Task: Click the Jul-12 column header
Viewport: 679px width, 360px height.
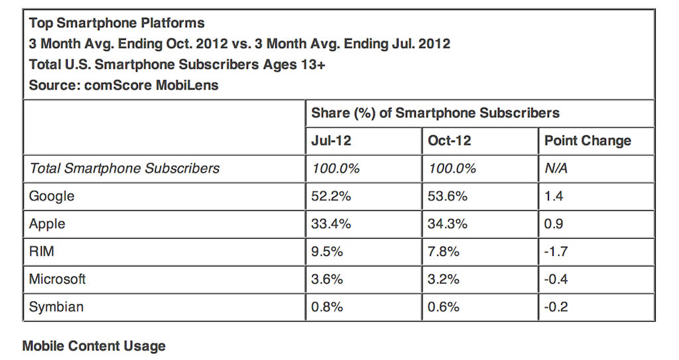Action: click(x=332, y=141)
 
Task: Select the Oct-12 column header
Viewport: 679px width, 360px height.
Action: click(x=449, y=141)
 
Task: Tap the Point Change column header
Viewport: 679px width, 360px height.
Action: click(x=587, y=141)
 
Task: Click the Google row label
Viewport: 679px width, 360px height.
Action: click(x=52, y=196)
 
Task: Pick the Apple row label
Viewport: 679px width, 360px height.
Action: click(x=47, y=224)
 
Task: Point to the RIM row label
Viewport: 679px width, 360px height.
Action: click(x=42, y=251)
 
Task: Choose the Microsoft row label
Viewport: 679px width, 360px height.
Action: click(x=57, y=279)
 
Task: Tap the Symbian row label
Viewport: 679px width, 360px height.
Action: click(x=56, y=307)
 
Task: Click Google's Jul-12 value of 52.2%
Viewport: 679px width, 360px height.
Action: click(x=332, y=196)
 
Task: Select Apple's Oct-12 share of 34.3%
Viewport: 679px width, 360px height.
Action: click(x=448, y=224)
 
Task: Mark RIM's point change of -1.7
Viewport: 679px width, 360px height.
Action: click(x=556, y=251)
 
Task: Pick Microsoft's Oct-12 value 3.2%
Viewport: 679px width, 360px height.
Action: click(x=444, y=279)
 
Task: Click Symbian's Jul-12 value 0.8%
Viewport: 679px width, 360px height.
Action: click(x=327, y=307)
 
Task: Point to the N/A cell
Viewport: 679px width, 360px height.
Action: click(x=556, y=168)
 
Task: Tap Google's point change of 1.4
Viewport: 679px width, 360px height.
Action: click(x=554, y=196)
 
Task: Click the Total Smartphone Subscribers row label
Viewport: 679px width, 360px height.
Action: click(x=124, y=168)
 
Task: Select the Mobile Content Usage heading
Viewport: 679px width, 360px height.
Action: click(x=94, y=345)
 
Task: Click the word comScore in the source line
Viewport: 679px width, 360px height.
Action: click(x=118, y=85)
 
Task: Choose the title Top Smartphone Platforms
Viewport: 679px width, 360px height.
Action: click(x=117, y=23)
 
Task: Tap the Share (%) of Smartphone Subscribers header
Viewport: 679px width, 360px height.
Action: click(x=435, y=113)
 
